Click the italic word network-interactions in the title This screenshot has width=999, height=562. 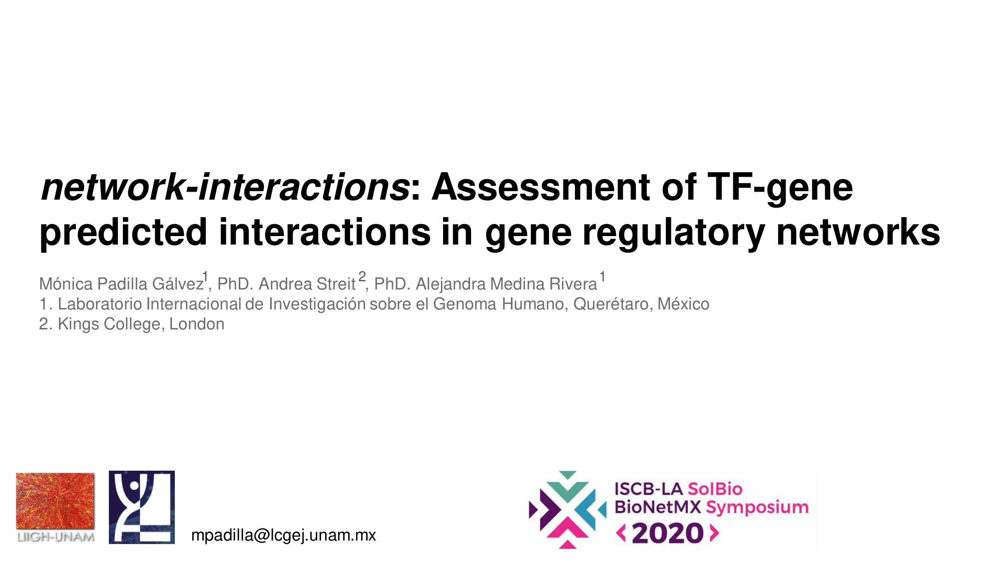point(225,187)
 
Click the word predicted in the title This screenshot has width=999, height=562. point(123,233)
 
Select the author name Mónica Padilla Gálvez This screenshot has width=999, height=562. point(121,283)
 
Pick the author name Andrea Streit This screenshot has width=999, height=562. point(307,283)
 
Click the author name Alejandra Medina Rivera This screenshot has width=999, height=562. point(506,283)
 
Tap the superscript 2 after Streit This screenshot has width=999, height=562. point(362,277)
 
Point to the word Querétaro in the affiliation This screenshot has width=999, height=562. point(610,304)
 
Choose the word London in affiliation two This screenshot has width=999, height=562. point(197,324)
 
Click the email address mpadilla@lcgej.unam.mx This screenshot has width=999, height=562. point(284,535)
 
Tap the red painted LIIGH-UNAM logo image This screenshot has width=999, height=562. point(55,501)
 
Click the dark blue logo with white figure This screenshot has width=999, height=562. point(142,507)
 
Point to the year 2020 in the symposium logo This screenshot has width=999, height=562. point(668,534)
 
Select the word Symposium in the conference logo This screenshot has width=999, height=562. point(757,508)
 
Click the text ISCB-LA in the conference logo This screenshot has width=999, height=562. point(648,489)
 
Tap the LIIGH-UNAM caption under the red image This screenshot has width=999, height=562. point(55,537)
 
